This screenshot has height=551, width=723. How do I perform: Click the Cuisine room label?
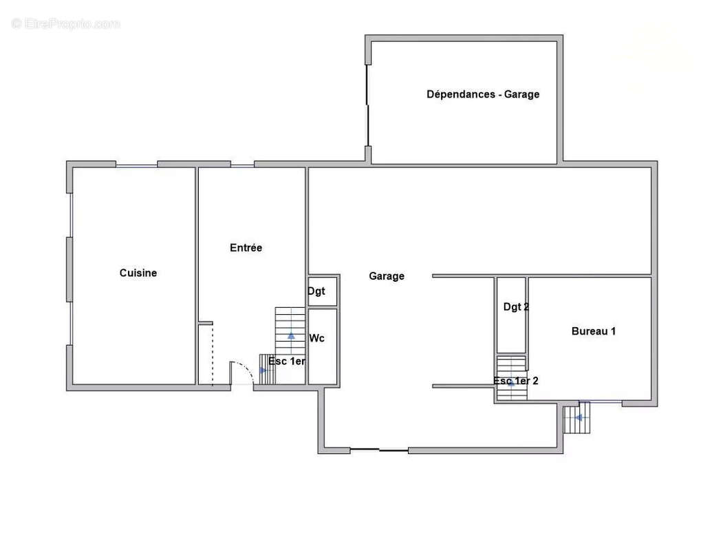pos(138,273)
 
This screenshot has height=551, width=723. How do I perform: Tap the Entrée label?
pos(246,248)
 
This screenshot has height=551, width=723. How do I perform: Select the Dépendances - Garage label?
pos(483,94)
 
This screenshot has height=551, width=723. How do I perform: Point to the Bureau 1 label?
pos(594,331)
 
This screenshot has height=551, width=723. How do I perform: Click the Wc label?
pos(316,338)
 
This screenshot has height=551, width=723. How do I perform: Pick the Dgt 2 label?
pos(516,307)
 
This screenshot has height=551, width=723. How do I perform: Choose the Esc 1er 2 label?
pos(515,381)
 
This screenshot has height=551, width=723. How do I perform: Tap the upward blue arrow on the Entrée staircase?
pos(292,335)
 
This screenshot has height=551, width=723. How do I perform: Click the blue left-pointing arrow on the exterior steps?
pos(579,417)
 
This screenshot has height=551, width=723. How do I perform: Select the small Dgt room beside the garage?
pos(323,291)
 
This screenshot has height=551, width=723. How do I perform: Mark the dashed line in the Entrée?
pos(213,355)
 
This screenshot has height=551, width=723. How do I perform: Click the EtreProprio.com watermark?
pos(66,23)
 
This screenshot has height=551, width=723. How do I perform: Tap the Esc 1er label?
pos(287,361)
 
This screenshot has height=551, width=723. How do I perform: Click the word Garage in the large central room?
pos(387,276)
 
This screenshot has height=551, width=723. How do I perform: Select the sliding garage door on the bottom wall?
pos(379,450)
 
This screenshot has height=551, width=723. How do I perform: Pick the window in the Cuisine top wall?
pos(136,165)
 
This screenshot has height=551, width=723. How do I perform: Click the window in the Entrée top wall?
pos(243,165)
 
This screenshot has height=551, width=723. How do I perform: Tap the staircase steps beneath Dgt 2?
pos(511,378)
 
